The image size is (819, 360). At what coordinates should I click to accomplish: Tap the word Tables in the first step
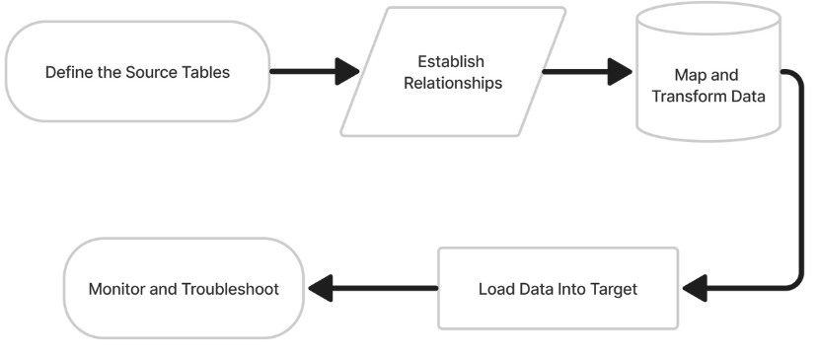pyautogui.click(x=206, y=73)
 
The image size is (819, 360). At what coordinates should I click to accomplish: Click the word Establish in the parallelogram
pyautogui.click(x=450, y=62)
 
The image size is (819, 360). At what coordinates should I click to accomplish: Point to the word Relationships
pyautogui.click(x=450, y=83)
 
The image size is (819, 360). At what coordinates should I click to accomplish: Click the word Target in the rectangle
pyautogui.click(x=614, y=290)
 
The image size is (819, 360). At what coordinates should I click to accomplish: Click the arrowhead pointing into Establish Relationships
pyautogui.click(x=347, y=72)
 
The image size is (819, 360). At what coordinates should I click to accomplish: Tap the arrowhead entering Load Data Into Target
pyautogui.click(x=695, y=289)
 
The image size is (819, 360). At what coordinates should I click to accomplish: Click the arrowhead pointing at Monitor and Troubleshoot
pyautogui.click(x=320, y=289)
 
